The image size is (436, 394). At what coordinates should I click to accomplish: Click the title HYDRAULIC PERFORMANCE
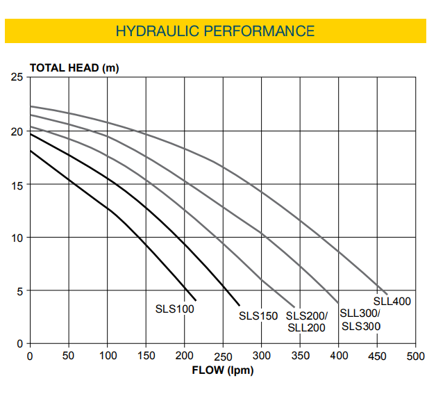pyautogui.click(x=215, y=31)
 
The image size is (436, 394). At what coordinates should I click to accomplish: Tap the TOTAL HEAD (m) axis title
pyautogui.click(x=74, y=67)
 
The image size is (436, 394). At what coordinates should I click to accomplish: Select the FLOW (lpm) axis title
pyautogui.click(x=222, y=370)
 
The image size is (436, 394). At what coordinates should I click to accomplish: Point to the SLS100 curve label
pyautogui.click(x=174, y=309)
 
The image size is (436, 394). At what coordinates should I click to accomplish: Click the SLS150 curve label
pyautogui.click(x=258, y=315)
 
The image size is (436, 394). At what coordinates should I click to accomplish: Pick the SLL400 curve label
pyautogui.click(x=392, y=302)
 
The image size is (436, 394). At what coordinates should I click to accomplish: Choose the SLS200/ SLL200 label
pyautogui.click(x=306, y=321)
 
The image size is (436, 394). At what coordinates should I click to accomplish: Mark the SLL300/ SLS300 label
pyautogui.click(x=361, y=320)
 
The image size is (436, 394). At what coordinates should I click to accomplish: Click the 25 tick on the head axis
pyautogui.click(x=17, y=77)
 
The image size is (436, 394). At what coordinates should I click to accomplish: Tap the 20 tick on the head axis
pyautogui.click(x=17, y=131)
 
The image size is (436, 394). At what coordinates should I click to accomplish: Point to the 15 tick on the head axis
pyautogui.click(x=17, y=184)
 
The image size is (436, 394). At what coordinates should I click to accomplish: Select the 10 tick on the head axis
pyautogui.click(x=17, y=238)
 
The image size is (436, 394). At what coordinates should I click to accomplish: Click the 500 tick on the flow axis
pyautogui.click(x=415, y=356)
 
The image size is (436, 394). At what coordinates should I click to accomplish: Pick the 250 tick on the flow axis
pyautogui.click(x=223, y=356)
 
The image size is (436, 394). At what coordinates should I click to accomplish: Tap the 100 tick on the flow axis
pyautogui.click(x=107, y=356)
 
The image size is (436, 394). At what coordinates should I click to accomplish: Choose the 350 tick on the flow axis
pyautogui.click(x=300, y=356)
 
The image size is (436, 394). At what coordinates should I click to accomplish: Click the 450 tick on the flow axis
pyautogui.click(x=377, y=356)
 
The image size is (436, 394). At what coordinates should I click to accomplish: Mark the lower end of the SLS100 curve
pyautogui.click(x=196, y=300)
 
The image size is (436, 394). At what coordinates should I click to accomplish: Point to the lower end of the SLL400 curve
pyautogui.click(x=387, y=294)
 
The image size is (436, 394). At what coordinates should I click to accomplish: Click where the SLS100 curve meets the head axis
pyautogui.click(x=30, y=151)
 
